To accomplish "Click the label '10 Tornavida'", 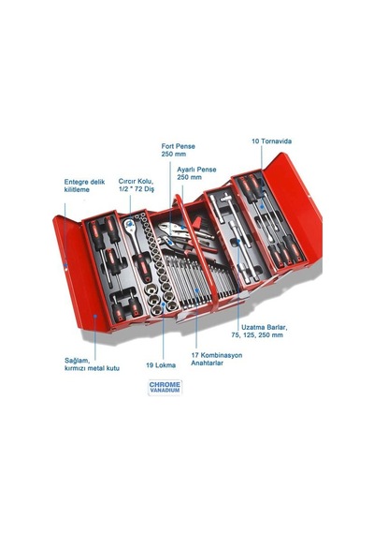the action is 271,141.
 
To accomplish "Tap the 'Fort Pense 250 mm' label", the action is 179,150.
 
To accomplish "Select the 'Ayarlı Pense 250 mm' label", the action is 196,173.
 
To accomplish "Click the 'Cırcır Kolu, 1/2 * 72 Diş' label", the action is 137,185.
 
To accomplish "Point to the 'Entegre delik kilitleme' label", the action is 84,185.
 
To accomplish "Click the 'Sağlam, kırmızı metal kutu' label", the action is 92,364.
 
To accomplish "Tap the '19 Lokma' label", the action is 161,365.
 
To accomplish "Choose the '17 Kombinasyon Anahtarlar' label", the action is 217,359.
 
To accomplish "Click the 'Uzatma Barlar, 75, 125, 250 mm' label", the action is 259,331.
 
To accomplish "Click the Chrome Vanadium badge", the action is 165,388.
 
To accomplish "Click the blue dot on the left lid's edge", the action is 66,264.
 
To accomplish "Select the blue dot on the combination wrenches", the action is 196,290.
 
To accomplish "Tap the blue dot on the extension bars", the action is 238,241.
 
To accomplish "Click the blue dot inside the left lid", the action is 95,316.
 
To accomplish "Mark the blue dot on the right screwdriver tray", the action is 262,207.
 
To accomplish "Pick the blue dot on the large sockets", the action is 164,304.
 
